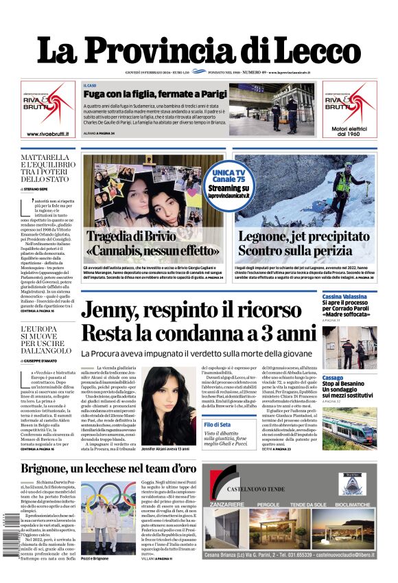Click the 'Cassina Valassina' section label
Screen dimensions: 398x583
344,296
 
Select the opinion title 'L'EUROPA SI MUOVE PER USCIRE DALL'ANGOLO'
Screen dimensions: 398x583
45,339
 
